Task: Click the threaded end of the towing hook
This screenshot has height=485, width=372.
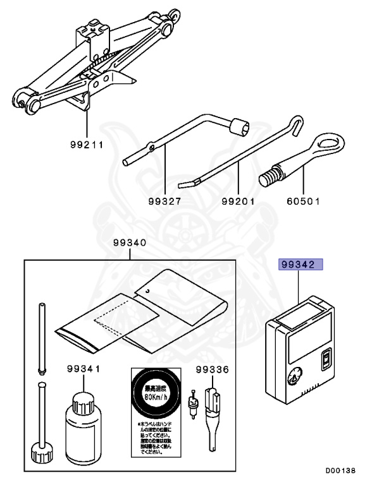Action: pyautogui.click(x=270, y=175)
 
